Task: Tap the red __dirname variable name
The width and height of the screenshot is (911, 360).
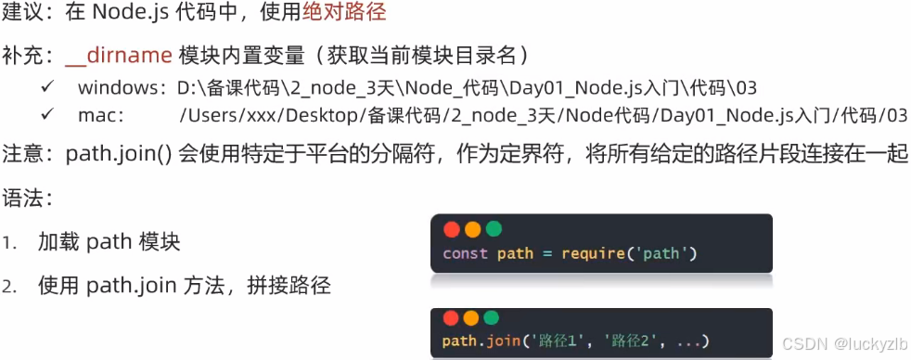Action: (x=119, y=56)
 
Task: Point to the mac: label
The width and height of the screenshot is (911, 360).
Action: (x=99, y=116)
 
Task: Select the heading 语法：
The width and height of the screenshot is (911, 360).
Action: (x=29, y=199)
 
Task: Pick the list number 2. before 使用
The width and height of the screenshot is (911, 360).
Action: (x=10, y=287)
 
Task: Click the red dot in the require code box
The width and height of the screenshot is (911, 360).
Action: (x=452, y=229)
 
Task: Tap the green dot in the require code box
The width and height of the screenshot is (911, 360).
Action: (x=494, y=229)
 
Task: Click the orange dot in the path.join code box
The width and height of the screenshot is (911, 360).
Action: (x=473, y=318)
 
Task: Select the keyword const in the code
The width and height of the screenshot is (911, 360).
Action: (x=465, y=253)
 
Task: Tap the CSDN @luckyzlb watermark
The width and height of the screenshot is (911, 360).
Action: (x=840, y=343)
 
